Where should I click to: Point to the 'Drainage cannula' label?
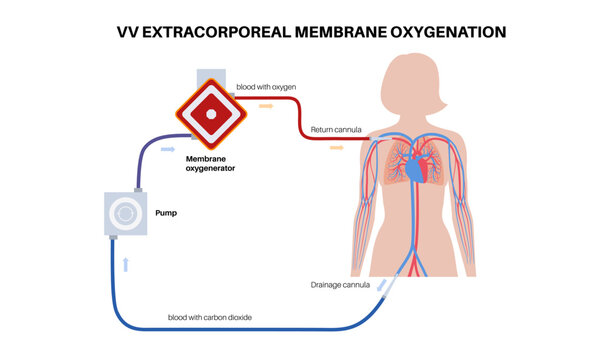coord(340,285)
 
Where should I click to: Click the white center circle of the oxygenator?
coord(211,113)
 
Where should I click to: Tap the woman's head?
coord(416,80)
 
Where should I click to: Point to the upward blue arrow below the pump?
coord(126,263)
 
